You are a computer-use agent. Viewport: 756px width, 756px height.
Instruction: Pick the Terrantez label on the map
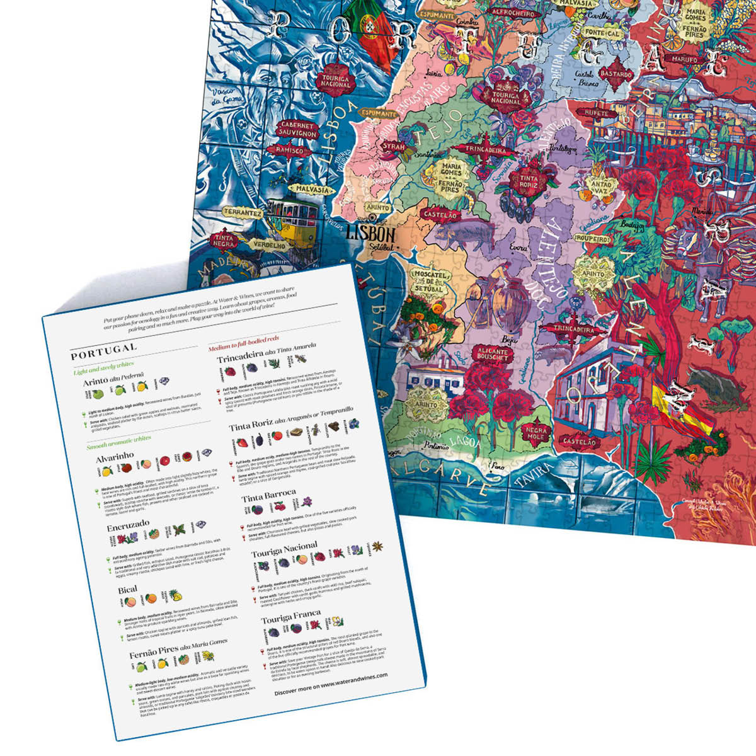243,213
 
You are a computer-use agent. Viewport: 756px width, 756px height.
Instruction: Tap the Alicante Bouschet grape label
493,354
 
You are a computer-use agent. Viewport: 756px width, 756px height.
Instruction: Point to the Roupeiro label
593,239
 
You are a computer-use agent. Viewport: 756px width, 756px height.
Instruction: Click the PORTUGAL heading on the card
103,348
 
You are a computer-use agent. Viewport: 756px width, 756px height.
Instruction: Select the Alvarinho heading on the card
115,456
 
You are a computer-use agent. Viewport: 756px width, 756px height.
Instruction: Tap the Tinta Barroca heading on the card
268,495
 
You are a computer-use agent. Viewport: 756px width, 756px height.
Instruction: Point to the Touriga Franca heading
290,616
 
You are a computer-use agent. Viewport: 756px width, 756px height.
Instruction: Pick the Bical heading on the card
127,590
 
